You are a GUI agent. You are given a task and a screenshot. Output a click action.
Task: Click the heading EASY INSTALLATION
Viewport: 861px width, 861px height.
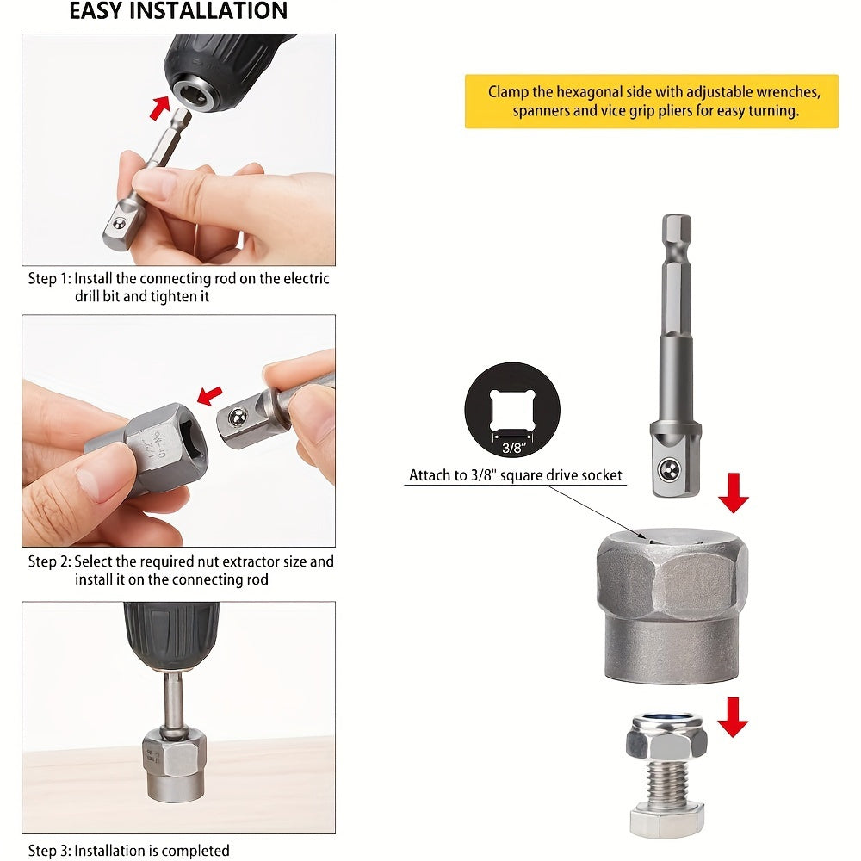coord(178,12)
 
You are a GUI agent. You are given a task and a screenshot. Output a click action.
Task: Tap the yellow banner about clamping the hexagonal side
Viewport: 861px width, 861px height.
coord(651,102)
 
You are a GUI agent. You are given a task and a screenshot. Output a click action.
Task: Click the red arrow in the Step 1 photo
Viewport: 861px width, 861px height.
coord(159,107)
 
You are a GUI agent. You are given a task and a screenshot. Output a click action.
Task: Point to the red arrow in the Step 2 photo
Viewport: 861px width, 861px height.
coord(208,394)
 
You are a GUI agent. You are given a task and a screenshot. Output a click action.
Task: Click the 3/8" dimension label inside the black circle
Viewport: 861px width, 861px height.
coord(512,447)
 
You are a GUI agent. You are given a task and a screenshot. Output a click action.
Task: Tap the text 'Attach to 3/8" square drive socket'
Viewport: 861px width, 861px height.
coord(515,475)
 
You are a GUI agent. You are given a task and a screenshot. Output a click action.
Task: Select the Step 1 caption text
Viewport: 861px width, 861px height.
coord(179,288)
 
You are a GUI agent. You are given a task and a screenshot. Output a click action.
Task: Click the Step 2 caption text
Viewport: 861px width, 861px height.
coord(181,570)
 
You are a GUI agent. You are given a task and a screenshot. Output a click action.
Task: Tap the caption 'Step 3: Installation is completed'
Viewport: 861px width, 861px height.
coord(129,851)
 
